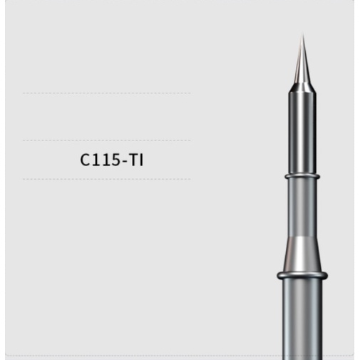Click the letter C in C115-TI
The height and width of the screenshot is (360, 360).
[x=85, y=160]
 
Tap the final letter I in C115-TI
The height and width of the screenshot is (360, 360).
[x=142, y=160]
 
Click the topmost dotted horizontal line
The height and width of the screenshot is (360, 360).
[x=107, y=93]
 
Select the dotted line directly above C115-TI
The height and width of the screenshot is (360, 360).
[x=107, y=140]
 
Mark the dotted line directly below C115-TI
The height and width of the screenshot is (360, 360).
[x=107, y=179]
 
